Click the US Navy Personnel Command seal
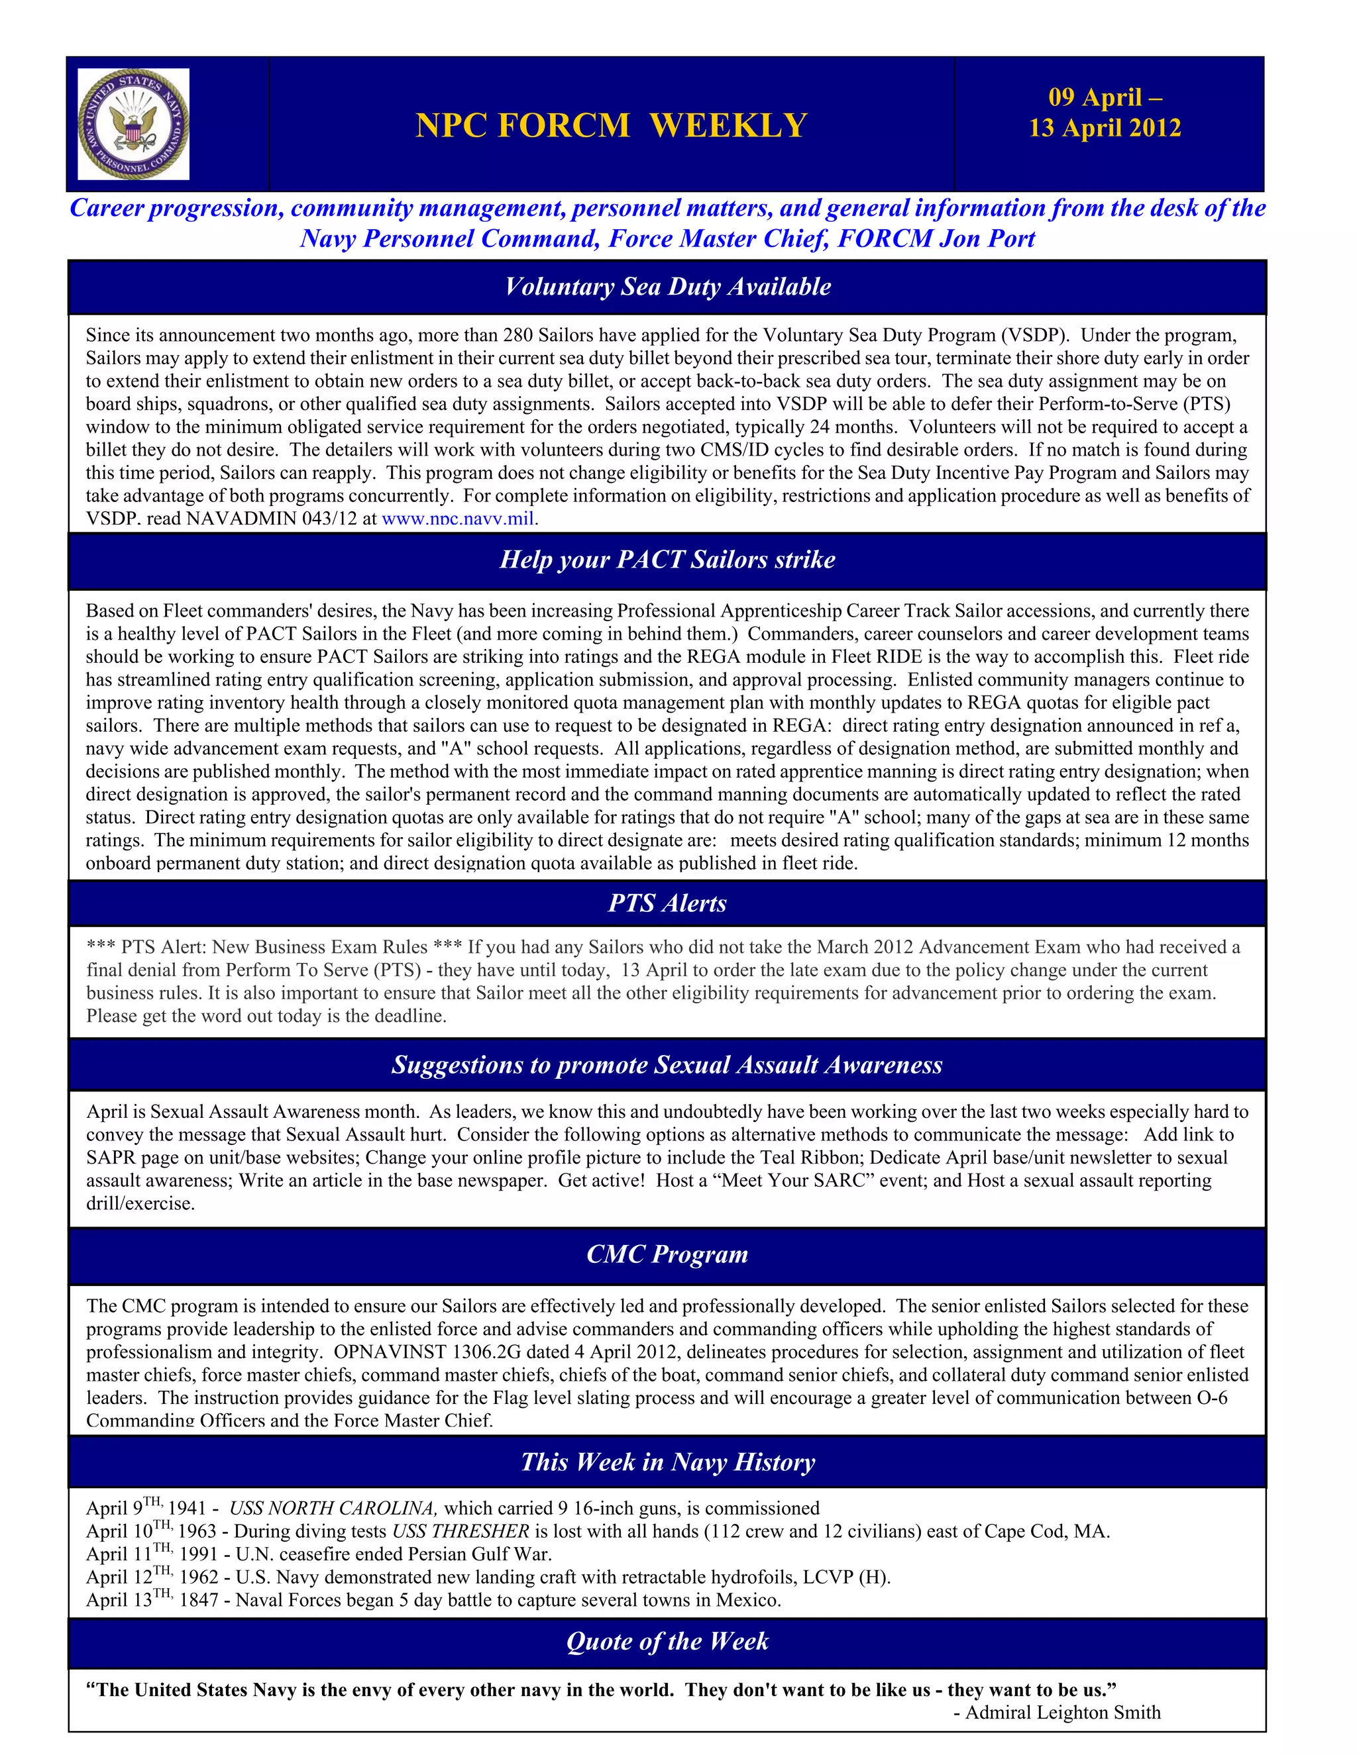pos(133,124)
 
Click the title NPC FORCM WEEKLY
pos(611,125)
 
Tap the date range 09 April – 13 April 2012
pos(1105,113)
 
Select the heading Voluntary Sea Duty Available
pos(667,287)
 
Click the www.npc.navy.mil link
pos(457,519)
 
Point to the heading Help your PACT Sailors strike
pos(667,560)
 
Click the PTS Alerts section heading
pos(667,903)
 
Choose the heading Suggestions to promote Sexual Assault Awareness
pos(667,1065)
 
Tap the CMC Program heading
pos(667,1254)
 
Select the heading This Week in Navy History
pos(667,1462)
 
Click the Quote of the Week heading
pos(667,1641)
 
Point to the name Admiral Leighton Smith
pos(1063,1713)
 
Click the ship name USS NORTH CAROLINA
pos(333,1508)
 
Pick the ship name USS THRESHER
pos(461,1532)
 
